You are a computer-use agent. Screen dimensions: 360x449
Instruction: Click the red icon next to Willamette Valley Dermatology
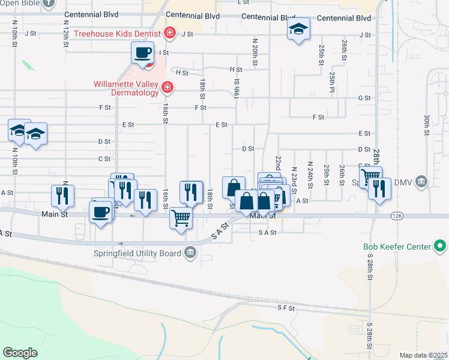[167, 89]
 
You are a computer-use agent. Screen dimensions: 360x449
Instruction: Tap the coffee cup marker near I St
[143, 52]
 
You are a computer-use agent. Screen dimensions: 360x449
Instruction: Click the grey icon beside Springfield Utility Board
[191, 253]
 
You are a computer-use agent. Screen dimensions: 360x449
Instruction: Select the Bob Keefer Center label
[397, 247]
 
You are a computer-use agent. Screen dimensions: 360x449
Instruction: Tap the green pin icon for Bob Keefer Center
[440, 246]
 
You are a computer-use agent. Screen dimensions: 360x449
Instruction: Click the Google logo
[20, 353]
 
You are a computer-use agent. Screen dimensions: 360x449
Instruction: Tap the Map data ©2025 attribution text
[423, 355]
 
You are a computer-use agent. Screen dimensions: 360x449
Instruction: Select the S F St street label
[286, 308]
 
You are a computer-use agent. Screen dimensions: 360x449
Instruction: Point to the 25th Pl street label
[332, 78]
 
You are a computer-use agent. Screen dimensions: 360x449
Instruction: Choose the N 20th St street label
[255, 51]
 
